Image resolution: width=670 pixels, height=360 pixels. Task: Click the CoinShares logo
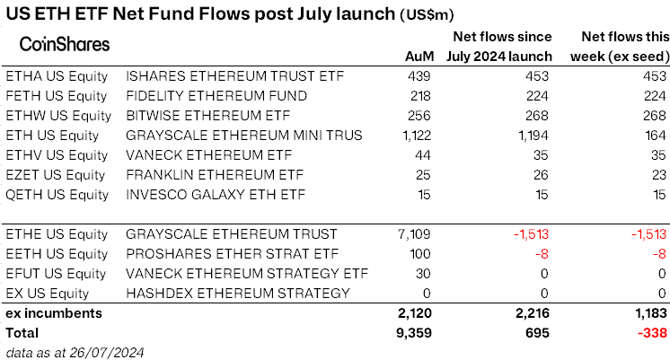[65, 44]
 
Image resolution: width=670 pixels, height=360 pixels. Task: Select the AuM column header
[419, 57]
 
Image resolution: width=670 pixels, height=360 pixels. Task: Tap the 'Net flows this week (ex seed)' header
[620, 47]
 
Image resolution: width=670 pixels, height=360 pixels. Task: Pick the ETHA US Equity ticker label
[57, 75]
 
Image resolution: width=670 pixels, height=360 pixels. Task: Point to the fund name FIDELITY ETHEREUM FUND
[216, 95]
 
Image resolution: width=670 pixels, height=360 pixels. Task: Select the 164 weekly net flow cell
[657, 135]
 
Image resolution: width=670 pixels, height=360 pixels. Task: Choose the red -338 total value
[652, 332]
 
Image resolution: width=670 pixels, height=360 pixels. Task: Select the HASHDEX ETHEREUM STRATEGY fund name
[238, 294]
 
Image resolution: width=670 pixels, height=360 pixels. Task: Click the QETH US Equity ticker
[57, 194]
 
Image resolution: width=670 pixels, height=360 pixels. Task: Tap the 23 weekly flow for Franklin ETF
[660, 174]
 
